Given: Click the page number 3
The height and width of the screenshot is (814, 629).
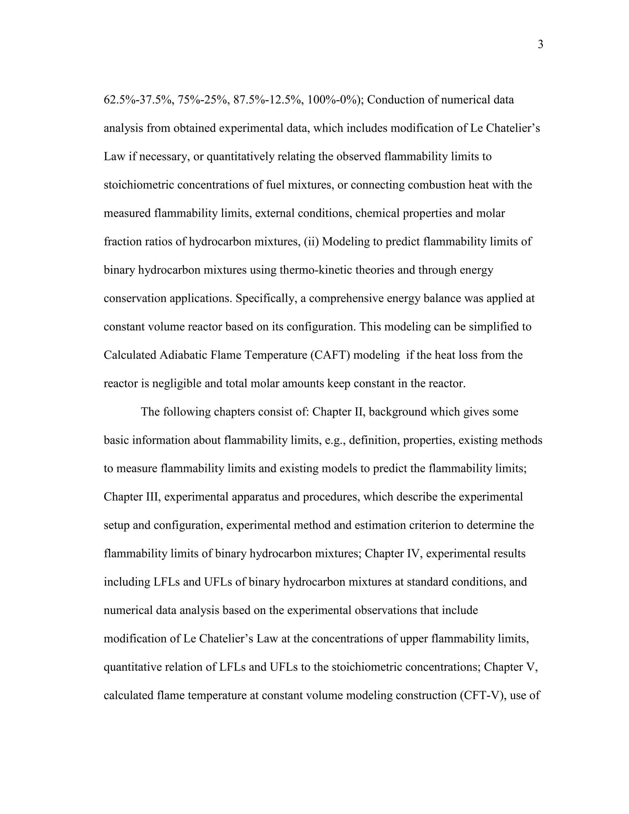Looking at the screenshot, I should [x=540, y=45].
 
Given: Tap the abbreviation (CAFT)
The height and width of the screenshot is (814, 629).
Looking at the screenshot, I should [x=330, y=355].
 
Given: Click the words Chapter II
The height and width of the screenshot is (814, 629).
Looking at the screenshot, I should [x=337, y=412].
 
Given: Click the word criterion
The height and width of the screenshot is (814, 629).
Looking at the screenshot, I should [x=425, y=525].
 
